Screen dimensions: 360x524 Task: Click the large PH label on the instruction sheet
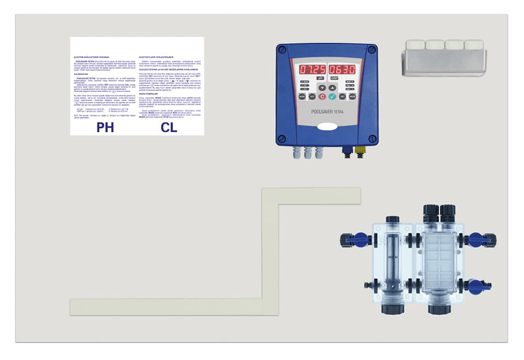[x=105, y=127]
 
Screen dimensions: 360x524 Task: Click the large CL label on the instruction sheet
[x=169, y=127]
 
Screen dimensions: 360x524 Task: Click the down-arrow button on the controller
[x=322, y=88]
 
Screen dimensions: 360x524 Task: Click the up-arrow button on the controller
[x=332, y=88]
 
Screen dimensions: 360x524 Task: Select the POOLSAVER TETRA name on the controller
[x=327, y=112]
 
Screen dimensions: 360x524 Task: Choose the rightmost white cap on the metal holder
[x=473, y=45]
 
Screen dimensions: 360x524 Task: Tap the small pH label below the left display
[x=320, y=78]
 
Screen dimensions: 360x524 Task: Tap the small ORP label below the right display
[x=334, y=78]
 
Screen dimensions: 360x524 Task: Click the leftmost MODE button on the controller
[x=302, y=96]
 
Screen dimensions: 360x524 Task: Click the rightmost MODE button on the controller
[x=352, y=96]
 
